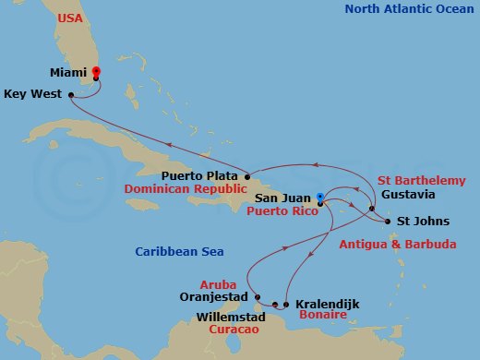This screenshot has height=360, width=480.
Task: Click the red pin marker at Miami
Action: tap(96, 71)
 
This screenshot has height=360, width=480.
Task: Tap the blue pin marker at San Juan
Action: tap(319, 197)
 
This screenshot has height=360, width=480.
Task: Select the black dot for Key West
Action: tap(71, 93)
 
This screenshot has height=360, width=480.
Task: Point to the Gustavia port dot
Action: tap(373, 210)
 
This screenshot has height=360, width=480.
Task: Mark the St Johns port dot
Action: tap(386, 221)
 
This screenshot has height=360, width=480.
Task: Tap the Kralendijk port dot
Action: tap(287, 304)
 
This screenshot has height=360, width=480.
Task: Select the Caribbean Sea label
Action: tap(173, 251)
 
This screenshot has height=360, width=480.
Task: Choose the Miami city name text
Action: tap(70, 70)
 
